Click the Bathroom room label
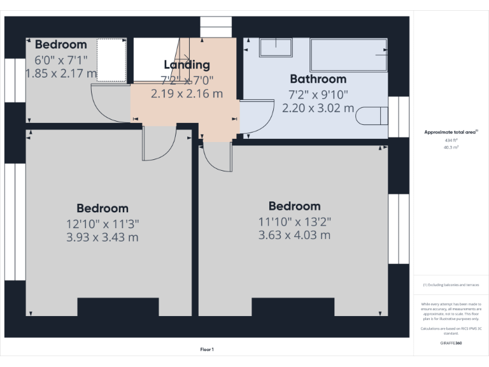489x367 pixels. click(x=318, y=79)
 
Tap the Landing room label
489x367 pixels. click(x=187, y=64)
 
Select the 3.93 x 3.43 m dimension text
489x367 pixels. click(x=102, y=238)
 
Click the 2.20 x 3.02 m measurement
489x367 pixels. click(x=318, y=108)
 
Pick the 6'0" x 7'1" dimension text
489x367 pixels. click(x=61, y=60)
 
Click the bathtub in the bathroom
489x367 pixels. click(x=348, y=55)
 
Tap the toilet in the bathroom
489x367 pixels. click(x=372, y=117)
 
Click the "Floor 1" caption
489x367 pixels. click(x=207, y=349)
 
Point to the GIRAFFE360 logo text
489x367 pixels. click(x=451, y=343)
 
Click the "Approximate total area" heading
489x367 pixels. click(x=451, y=132)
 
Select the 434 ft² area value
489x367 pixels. click(x=451, y=140)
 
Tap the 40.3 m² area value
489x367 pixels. click(x=451, y=147)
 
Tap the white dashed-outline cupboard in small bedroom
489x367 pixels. click(x=111, y=60)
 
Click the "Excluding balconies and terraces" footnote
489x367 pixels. click(x=451, y=285)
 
